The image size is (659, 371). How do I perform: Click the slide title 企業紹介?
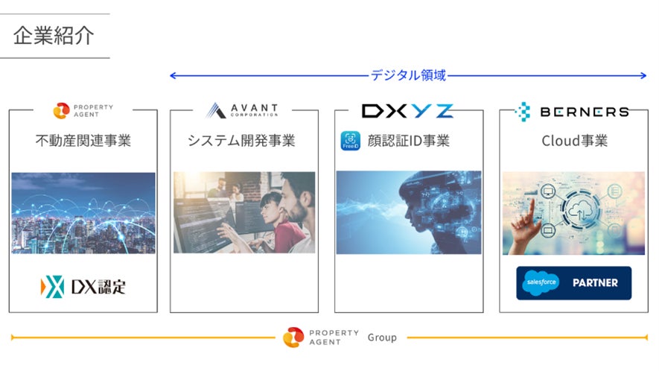tap(54, 36)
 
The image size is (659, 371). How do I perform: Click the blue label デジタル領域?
tap(408, 75)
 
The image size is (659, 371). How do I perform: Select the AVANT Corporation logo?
tap(243, 110)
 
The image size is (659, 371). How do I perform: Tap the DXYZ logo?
tap(407, 111)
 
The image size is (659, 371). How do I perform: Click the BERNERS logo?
tap(571, 112)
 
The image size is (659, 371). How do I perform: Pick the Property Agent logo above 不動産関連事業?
tap(83, 111)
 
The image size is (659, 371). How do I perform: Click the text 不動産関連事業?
tap(83, 140)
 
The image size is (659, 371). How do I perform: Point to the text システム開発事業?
tap(241, 140)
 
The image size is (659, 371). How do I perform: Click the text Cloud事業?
tap(574, 140)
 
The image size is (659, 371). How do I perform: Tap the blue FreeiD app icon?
tap(350, 140)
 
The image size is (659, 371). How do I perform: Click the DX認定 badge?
tap(83, 286)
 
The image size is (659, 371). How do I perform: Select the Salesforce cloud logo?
tap(542, 283)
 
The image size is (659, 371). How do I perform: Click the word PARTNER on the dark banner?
tap(595, 283)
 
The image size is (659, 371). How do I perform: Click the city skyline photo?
tap(83, 213)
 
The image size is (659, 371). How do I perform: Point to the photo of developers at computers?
tap(244, 213)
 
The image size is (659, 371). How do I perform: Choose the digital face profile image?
tap(408, 213)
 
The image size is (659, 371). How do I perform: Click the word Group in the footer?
tap(382, 337)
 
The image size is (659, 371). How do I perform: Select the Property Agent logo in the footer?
tap(320, 337)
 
